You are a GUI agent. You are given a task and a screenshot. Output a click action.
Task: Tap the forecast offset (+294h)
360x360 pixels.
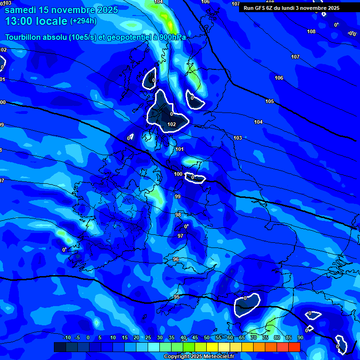coord(83,21)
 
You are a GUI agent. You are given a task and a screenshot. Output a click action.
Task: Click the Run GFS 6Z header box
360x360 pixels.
coord(292,8)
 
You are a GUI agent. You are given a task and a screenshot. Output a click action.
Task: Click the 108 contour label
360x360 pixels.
coord(311,31)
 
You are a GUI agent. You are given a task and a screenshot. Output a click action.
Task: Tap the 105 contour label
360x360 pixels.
coord(270,101)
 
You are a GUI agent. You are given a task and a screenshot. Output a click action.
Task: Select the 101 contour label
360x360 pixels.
coord(180,149)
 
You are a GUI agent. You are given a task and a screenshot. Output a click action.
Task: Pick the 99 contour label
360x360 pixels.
coord(178,196)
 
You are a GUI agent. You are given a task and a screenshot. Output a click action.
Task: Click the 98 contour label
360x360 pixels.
coord(178,215)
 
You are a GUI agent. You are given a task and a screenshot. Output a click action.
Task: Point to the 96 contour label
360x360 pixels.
coord(176,259)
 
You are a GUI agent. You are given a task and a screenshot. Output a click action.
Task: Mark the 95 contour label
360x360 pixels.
coord(177,297)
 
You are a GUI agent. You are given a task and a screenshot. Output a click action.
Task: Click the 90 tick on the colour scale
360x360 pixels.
coord(300,337)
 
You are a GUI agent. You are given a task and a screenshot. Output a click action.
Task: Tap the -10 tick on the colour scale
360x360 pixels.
coord(67,337)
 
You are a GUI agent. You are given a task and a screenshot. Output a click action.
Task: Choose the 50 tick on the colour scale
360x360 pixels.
coord(206,337)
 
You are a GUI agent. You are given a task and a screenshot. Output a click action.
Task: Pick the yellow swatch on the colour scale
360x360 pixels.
coord(212,347)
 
